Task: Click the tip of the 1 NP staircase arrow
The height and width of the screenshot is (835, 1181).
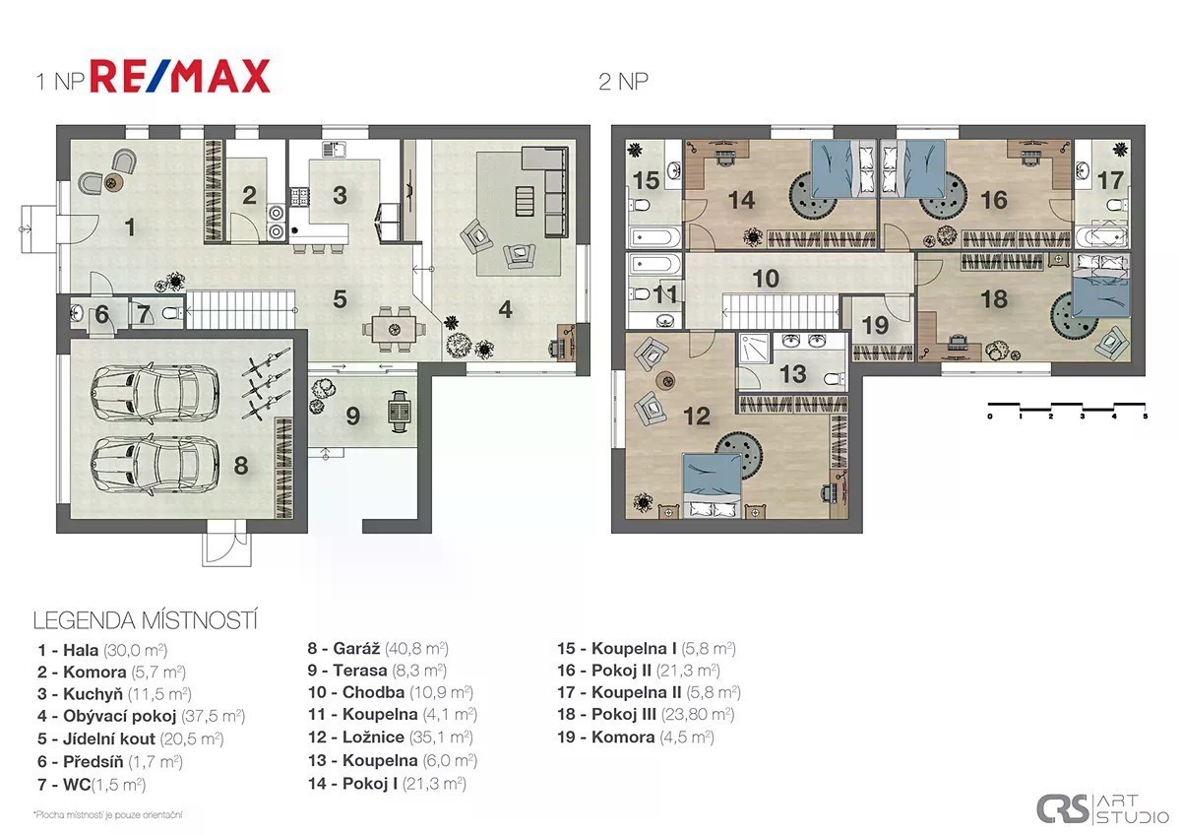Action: pyautogui.click(x=188, y=311)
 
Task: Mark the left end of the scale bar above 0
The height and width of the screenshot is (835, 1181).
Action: pyautogui.click(x=988, y=405)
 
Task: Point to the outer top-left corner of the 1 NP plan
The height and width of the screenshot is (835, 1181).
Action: pyautogui.click(x=56, y=125)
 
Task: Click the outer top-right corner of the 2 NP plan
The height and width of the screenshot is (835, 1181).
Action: pyautogui.click(x=1146, y=125)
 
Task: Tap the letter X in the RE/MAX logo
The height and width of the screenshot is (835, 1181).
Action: pyautogui.click(x=252, y=77)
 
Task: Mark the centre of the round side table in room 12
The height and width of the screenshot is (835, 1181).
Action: pyautogui.click(x=665, y=380)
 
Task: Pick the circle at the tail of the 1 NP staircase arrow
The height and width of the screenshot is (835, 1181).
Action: pyautogui.click(x=294, y=311)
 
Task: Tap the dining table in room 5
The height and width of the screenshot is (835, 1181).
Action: pyautogui.click(x=395, y=330)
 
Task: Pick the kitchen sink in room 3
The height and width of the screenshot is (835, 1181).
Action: pyautogui.click(x=334, y=150)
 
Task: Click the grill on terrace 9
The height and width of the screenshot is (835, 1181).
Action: pyautogui.click(x=400, y=411)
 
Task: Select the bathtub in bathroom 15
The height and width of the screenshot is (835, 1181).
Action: pyautogui.click(x=652, y=237)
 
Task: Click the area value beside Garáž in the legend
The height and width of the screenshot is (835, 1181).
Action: pyautogui.click(x=416, y=648)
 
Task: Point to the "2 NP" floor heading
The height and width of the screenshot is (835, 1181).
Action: pyautogui.click(x=623, y=82)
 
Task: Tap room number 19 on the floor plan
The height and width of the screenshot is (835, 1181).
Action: pyautogui.click(x=875, y=326)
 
